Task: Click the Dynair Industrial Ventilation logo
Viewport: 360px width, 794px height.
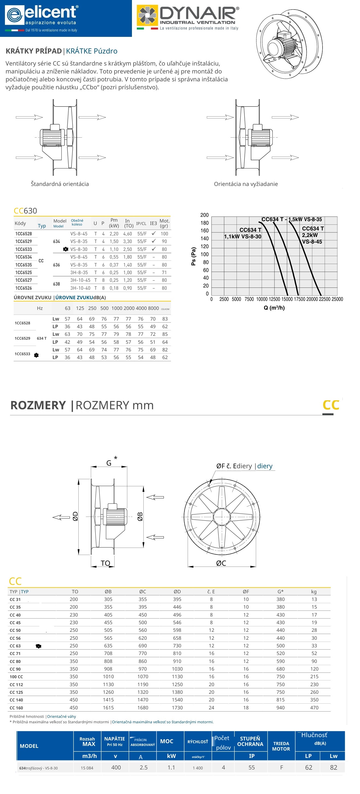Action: pyautogui.click(x=188, y=17)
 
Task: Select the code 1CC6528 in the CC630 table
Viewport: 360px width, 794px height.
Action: pyautogui.click(x=23, y=234)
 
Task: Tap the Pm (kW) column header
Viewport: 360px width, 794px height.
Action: pyautogui.click(x=114, y=223)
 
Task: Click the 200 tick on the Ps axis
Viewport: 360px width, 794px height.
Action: pyautogui.click(x=204, y=215)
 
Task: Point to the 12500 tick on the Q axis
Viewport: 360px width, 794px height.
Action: pyautogui.click(x=274, y=299)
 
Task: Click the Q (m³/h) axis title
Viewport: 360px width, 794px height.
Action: pyautogui.click(x=274, y=308)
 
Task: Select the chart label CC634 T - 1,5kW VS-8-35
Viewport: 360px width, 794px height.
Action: pyautogui.click(x=291, y=220)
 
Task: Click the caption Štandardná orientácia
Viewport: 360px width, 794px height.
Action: pyautogui.click(x=60, y=184)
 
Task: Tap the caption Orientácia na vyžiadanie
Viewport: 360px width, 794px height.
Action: pyautogui.click(x=246, y=184)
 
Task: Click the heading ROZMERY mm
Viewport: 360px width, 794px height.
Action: pyautogui.click(x=114, y=405)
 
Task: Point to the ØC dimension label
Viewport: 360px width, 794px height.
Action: pyautogui.click(x=221, y=563)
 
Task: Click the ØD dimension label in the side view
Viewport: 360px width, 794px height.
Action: pyautogui.click(x=75, y=516)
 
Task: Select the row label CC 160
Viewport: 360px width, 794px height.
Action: pyautogui.click(x=16, y=708)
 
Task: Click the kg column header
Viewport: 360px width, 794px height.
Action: pyautogui.click(x=314, y=591)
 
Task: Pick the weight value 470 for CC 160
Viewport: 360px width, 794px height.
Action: pyautogui.click(x=314, y=708)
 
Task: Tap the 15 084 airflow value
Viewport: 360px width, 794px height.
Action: pyautogui.click(x=87, y=768)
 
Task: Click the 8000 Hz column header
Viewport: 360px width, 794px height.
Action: pyautogui.click(x=153, y=308)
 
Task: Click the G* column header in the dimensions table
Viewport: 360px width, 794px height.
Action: pyautogui.click(x=280, y=591)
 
